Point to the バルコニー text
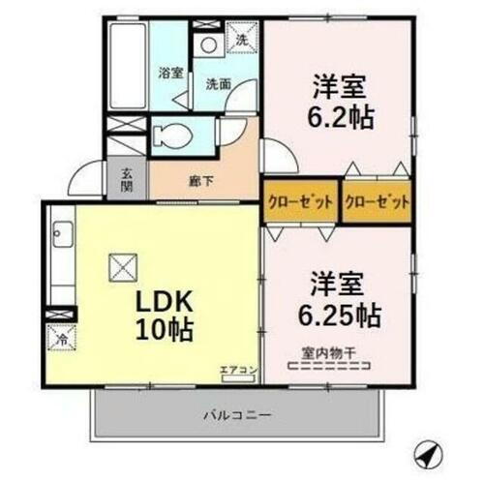click(x=236, y=413)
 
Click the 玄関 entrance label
click(x=127, y=180)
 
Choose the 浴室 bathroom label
click(x=170, y=70)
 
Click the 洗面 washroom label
click(x=218, y=83)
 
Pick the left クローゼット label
click(x=300, y=201)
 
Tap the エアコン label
click(x=236, y=369)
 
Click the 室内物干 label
click(x=331, y=354)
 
